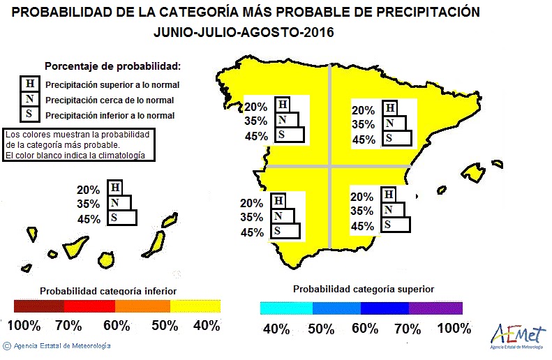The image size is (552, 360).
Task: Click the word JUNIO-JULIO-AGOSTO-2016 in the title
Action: tap(244, 33)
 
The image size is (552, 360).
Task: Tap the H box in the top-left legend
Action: tap(29, 84)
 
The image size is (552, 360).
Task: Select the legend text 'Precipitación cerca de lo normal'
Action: tap(110, 100)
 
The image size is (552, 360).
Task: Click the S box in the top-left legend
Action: tap(29, 114)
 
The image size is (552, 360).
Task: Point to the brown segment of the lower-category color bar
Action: tap(38, 306)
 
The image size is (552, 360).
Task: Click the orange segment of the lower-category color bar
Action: tap(142, 306)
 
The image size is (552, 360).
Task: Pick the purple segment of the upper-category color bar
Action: tap(436, 307)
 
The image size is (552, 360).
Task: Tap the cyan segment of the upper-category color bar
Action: tap(286, 307)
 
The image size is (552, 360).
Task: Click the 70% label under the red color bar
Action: tap(68, 325)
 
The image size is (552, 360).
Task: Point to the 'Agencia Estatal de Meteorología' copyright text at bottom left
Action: tap(62, 345)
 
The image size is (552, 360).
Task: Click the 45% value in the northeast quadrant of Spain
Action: tap(364, 140)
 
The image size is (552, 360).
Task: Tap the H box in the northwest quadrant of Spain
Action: tap(283, 105)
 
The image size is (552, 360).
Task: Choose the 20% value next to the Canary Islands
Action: tap(89, 189)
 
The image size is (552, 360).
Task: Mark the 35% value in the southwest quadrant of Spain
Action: tap(251, 217)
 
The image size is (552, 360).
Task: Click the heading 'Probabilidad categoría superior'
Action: tap(363, 289)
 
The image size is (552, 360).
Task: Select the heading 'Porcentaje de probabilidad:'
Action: tap(112, 66)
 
